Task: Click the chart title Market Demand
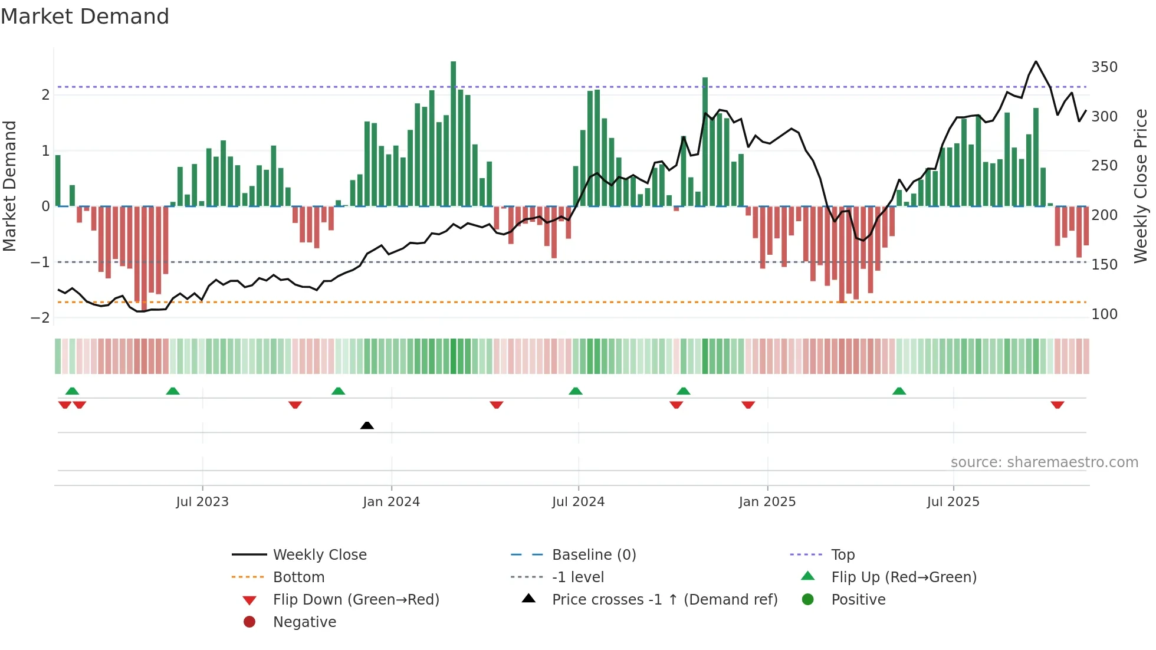(x=85, y=17)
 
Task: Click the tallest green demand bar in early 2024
(x=453, y=133)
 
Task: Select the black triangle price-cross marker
(x=367, y=425)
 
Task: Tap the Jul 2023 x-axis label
(x=202, y=502)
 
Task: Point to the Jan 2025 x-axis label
(x=767, y=502)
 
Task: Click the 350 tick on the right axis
(x=1104, y=67)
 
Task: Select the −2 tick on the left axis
(x=40, y=317)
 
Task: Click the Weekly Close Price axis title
(x=1141, y=186)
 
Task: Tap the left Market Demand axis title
(x=10, y=186)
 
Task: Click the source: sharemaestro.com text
(x=1044, y=462)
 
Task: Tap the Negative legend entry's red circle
(x=249, y=622)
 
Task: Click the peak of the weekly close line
(x=1036, y=62)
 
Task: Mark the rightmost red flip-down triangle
(x=1057, y=405)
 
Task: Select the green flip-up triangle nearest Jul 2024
(x=576, y=391)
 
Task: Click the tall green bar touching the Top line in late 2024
(x=705, y=142)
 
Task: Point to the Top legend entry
(x=842, y=555)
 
